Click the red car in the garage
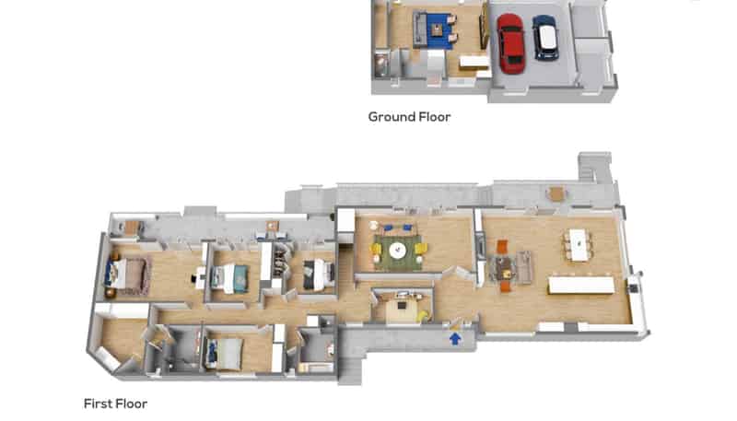click(x=510, y=43)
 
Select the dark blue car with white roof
click(x=545, y=38)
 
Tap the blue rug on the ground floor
click(x=439, y=30)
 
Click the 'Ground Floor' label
click(x=409, y=116)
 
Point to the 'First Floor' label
click(x=115, y=403)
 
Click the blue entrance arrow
click(x=455, y=338)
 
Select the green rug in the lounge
click(x=398, y=253)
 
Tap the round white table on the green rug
click(x=397, y=250)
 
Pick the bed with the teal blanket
click(x=229, y=278)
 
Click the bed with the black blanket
click(x=318, y=275)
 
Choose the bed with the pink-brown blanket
click(x=127, y=275)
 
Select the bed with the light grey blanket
click(x=225, y=355)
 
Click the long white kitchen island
click(x=581, y=286)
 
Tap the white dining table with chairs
click(x=579, y=244)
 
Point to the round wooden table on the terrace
click(x=556, y=193)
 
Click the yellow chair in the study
click(x=424, y=317)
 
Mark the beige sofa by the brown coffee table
click(x=524, y=268)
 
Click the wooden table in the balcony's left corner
click(x=132, y=228)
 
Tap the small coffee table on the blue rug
click(x=438, y=30)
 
